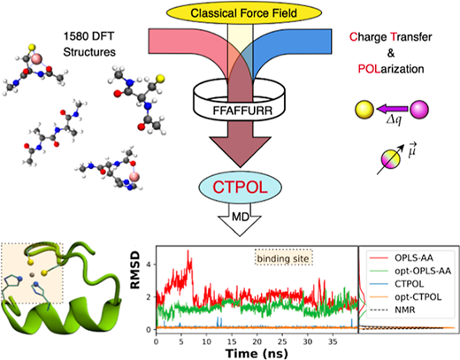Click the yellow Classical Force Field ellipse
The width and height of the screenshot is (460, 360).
pos(244,13)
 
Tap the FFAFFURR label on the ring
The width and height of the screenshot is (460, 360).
pos(242,111)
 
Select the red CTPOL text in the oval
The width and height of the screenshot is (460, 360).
pos(240,187)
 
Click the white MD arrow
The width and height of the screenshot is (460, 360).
pos(240,219)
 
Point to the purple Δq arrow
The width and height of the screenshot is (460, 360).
pos(392,109)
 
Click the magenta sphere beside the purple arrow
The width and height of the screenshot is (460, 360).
pos(419,110)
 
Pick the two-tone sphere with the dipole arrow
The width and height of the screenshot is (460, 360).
pos(391,159)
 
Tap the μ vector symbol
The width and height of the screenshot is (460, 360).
pos(412,150)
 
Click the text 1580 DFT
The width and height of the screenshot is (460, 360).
pos(88,36)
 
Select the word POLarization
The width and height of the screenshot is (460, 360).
pos(391,69)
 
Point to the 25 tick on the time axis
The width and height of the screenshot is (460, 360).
pos(282,341)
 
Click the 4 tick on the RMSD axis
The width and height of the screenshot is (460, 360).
pos(149,264)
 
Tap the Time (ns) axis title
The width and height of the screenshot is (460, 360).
pos(257,353)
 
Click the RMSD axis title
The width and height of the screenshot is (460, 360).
pos(135,270)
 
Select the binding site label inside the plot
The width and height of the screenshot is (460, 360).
pos(283,258)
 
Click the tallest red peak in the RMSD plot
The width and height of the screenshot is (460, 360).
pos(188,251)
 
